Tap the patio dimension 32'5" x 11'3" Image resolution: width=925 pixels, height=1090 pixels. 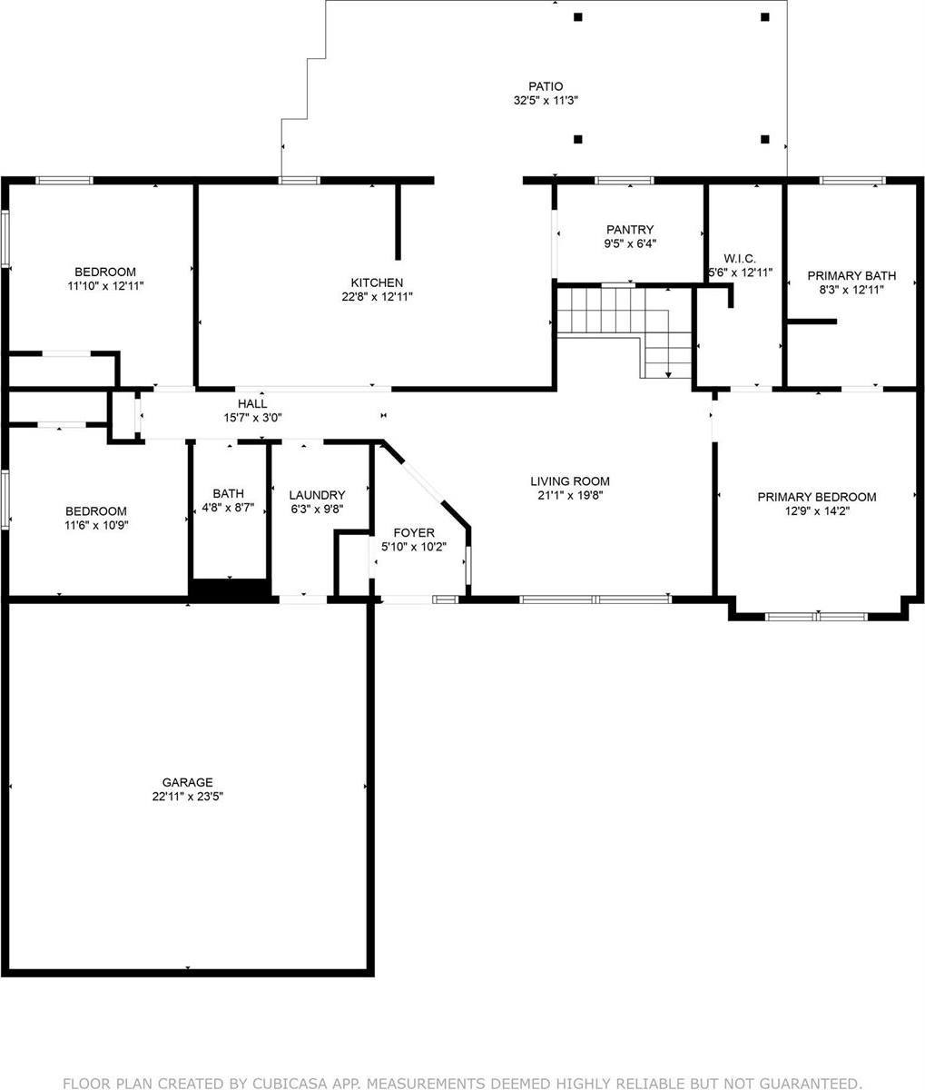point(546,102)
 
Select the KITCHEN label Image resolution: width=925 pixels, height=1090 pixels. point(377,282)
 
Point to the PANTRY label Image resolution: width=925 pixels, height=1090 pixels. point(630,230)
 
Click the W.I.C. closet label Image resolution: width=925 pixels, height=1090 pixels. point(741,258)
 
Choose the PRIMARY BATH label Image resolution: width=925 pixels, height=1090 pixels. point(851,275)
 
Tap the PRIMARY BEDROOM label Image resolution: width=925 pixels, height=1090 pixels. point(817,497)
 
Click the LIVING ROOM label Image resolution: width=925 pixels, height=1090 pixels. point(570,481)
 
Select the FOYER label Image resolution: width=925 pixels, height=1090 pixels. point(413,532)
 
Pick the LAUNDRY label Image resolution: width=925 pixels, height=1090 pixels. point(317,495)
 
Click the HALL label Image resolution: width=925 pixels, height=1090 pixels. point(252,403)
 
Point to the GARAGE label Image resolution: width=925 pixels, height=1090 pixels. point(188,782)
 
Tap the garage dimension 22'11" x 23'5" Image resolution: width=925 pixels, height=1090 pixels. point(188,797)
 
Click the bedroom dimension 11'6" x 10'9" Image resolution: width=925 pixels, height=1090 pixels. point(95,525)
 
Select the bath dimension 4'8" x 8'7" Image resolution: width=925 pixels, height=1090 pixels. point(229,509)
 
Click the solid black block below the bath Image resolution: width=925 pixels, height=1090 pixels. point(231,590)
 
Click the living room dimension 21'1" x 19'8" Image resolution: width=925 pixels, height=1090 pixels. point(570,496)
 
